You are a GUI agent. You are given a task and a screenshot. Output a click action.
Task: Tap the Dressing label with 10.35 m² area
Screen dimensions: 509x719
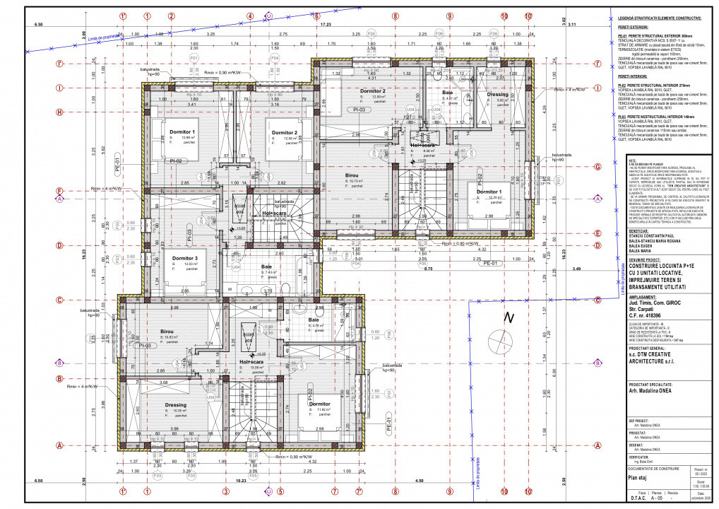tap(176, 405)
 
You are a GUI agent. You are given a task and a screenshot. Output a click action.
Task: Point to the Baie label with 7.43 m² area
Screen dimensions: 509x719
tap(267, 267)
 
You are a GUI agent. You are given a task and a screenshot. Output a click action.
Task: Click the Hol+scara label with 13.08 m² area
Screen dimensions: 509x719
tap(251, 362)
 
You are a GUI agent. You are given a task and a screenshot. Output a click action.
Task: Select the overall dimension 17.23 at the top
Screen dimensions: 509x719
tap(326, 25)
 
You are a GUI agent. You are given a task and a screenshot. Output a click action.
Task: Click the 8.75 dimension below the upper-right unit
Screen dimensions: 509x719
tap(408, 269)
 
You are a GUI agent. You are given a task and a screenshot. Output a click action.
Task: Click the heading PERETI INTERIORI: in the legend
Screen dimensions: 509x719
tap(634, 74)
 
